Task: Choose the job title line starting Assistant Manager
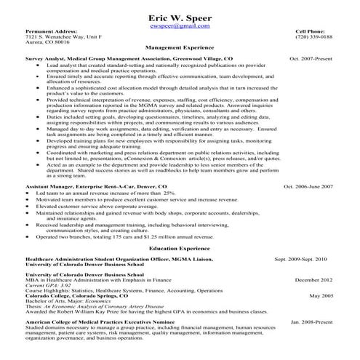[x=95, y=187]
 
